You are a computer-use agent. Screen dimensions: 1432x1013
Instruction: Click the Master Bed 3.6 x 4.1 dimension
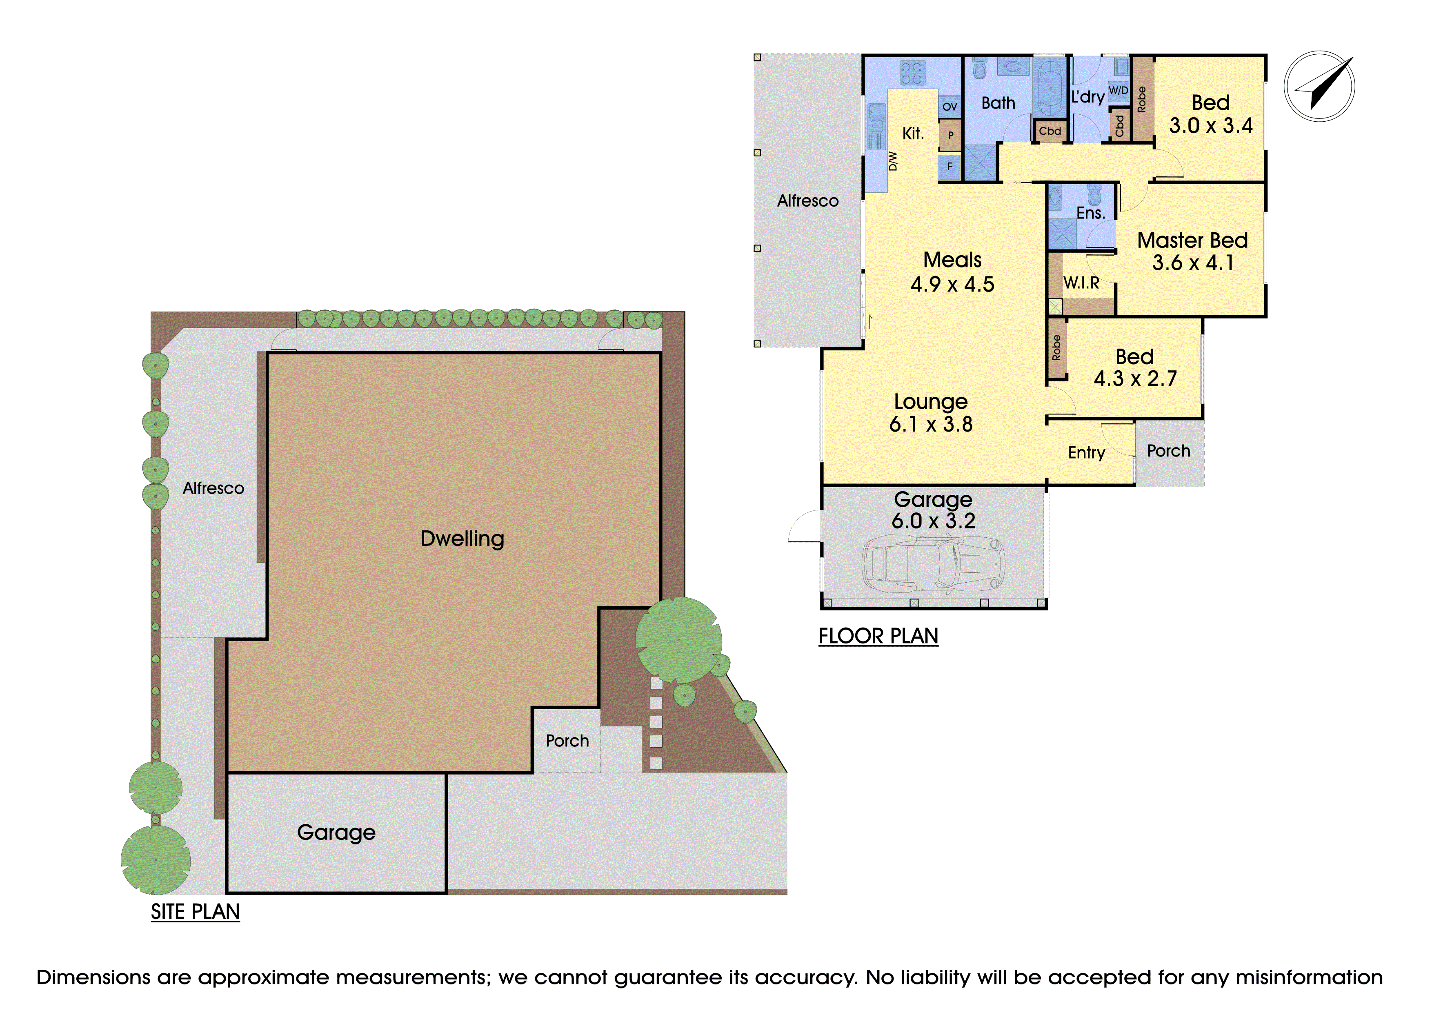(1192, 263)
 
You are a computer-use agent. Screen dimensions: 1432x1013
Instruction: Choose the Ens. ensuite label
(1090, 213)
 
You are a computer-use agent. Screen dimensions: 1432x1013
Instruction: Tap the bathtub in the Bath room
(1050, 87)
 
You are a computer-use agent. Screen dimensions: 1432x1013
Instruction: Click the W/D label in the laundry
(1118, 91)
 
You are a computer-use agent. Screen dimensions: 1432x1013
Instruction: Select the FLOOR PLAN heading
(878, 636)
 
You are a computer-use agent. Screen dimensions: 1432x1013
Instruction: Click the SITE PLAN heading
(195, 912)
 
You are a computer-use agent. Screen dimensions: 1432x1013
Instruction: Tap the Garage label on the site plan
(336, 833)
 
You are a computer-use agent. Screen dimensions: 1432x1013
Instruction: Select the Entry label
(1087, 453)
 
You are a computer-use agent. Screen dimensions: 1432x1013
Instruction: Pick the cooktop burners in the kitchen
(912, 72)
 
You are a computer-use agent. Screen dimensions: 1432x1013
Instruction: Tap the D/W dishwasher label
(892, 161)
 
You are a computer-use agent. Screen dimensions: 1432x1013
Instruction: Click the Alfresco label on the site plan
(213, 488)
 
